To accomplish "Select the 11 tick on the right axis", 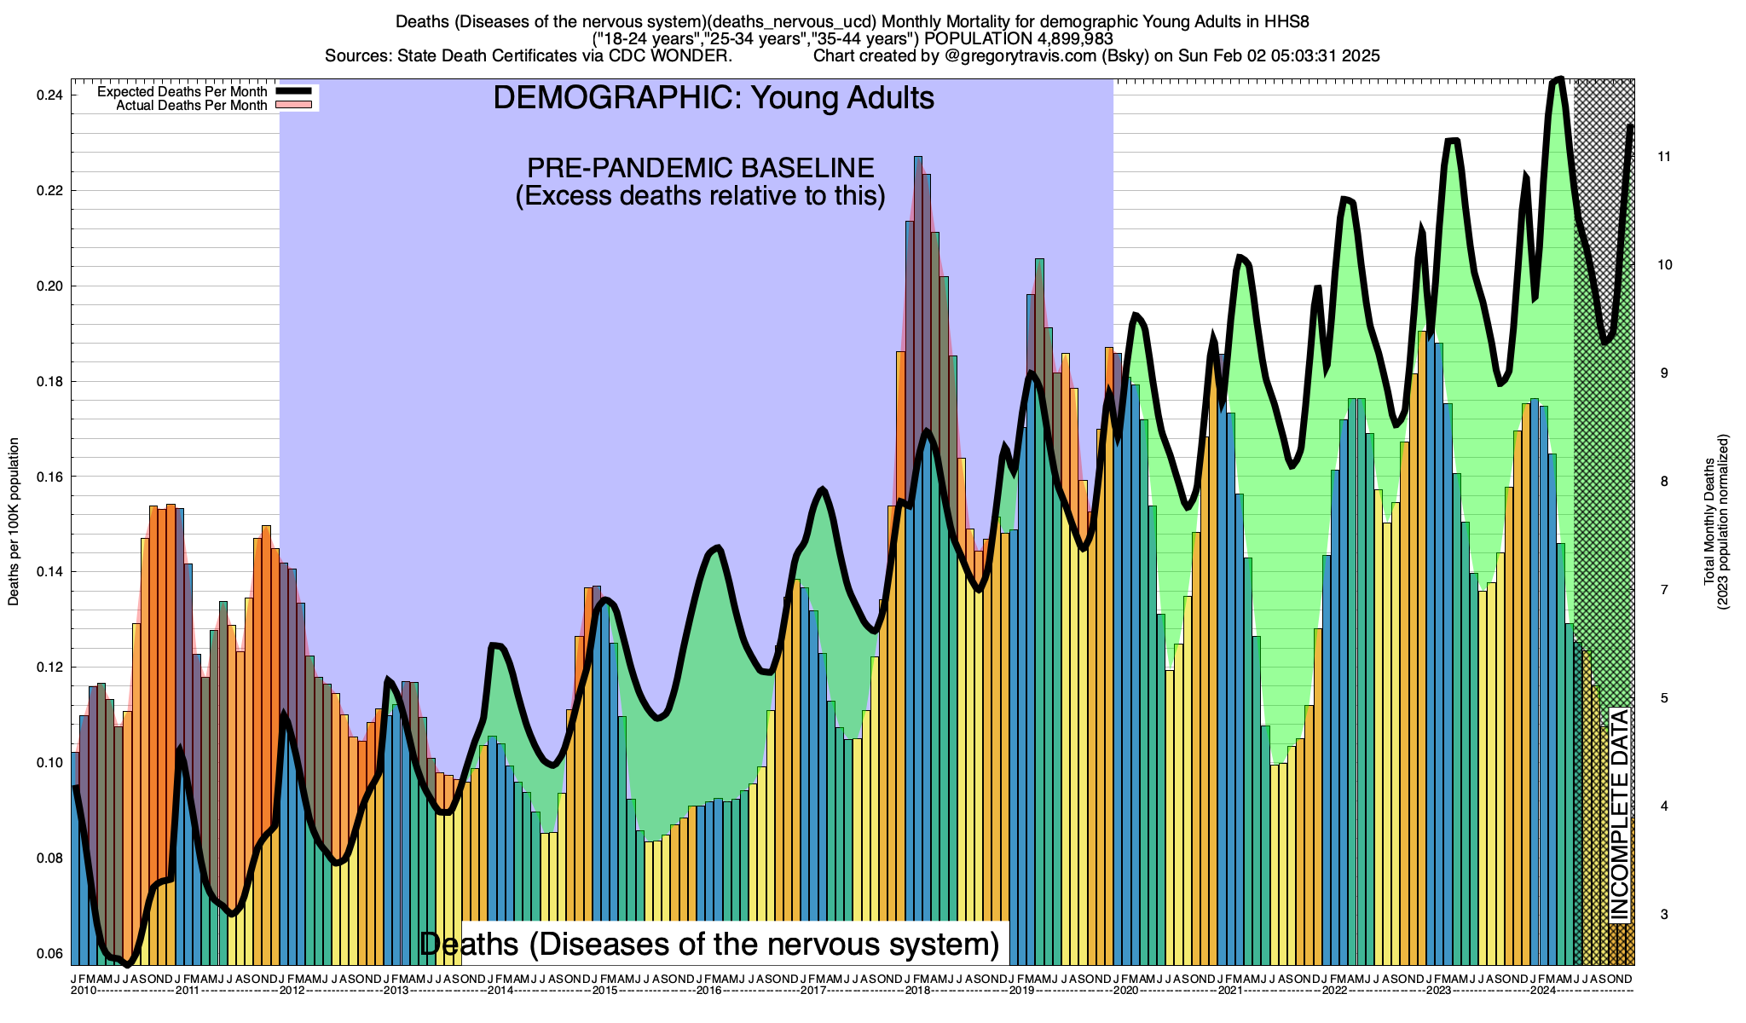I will pyautogui.click(x=1662, y=156).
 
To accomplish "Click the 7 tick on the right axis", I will pyautogui.click(x=1662, y=590).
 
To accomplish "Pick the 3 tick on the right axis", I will pyautogui.click(x=1662, y=915).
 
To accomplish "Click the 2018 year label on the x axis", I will pyautogui.click(x=917, y=991).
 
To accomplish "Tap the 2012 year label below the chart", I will pyautogui.click(x=292, y=991).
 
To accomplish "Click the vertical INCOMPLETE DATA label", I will pyautogui.click(x=1619, y=815).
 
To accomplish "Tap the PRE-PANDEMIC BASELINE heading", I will pyautogui.click(x=700, y=167).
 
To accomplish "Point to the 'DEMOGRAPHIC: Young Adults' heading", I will pyautogui.click(x=714, y=97).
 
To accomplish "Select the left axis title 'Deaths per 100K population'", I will pyautogui.click(x=14, y=522).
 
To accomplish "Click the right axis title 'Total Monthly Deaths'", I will pyautogui.click(x=1708, y=522).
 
